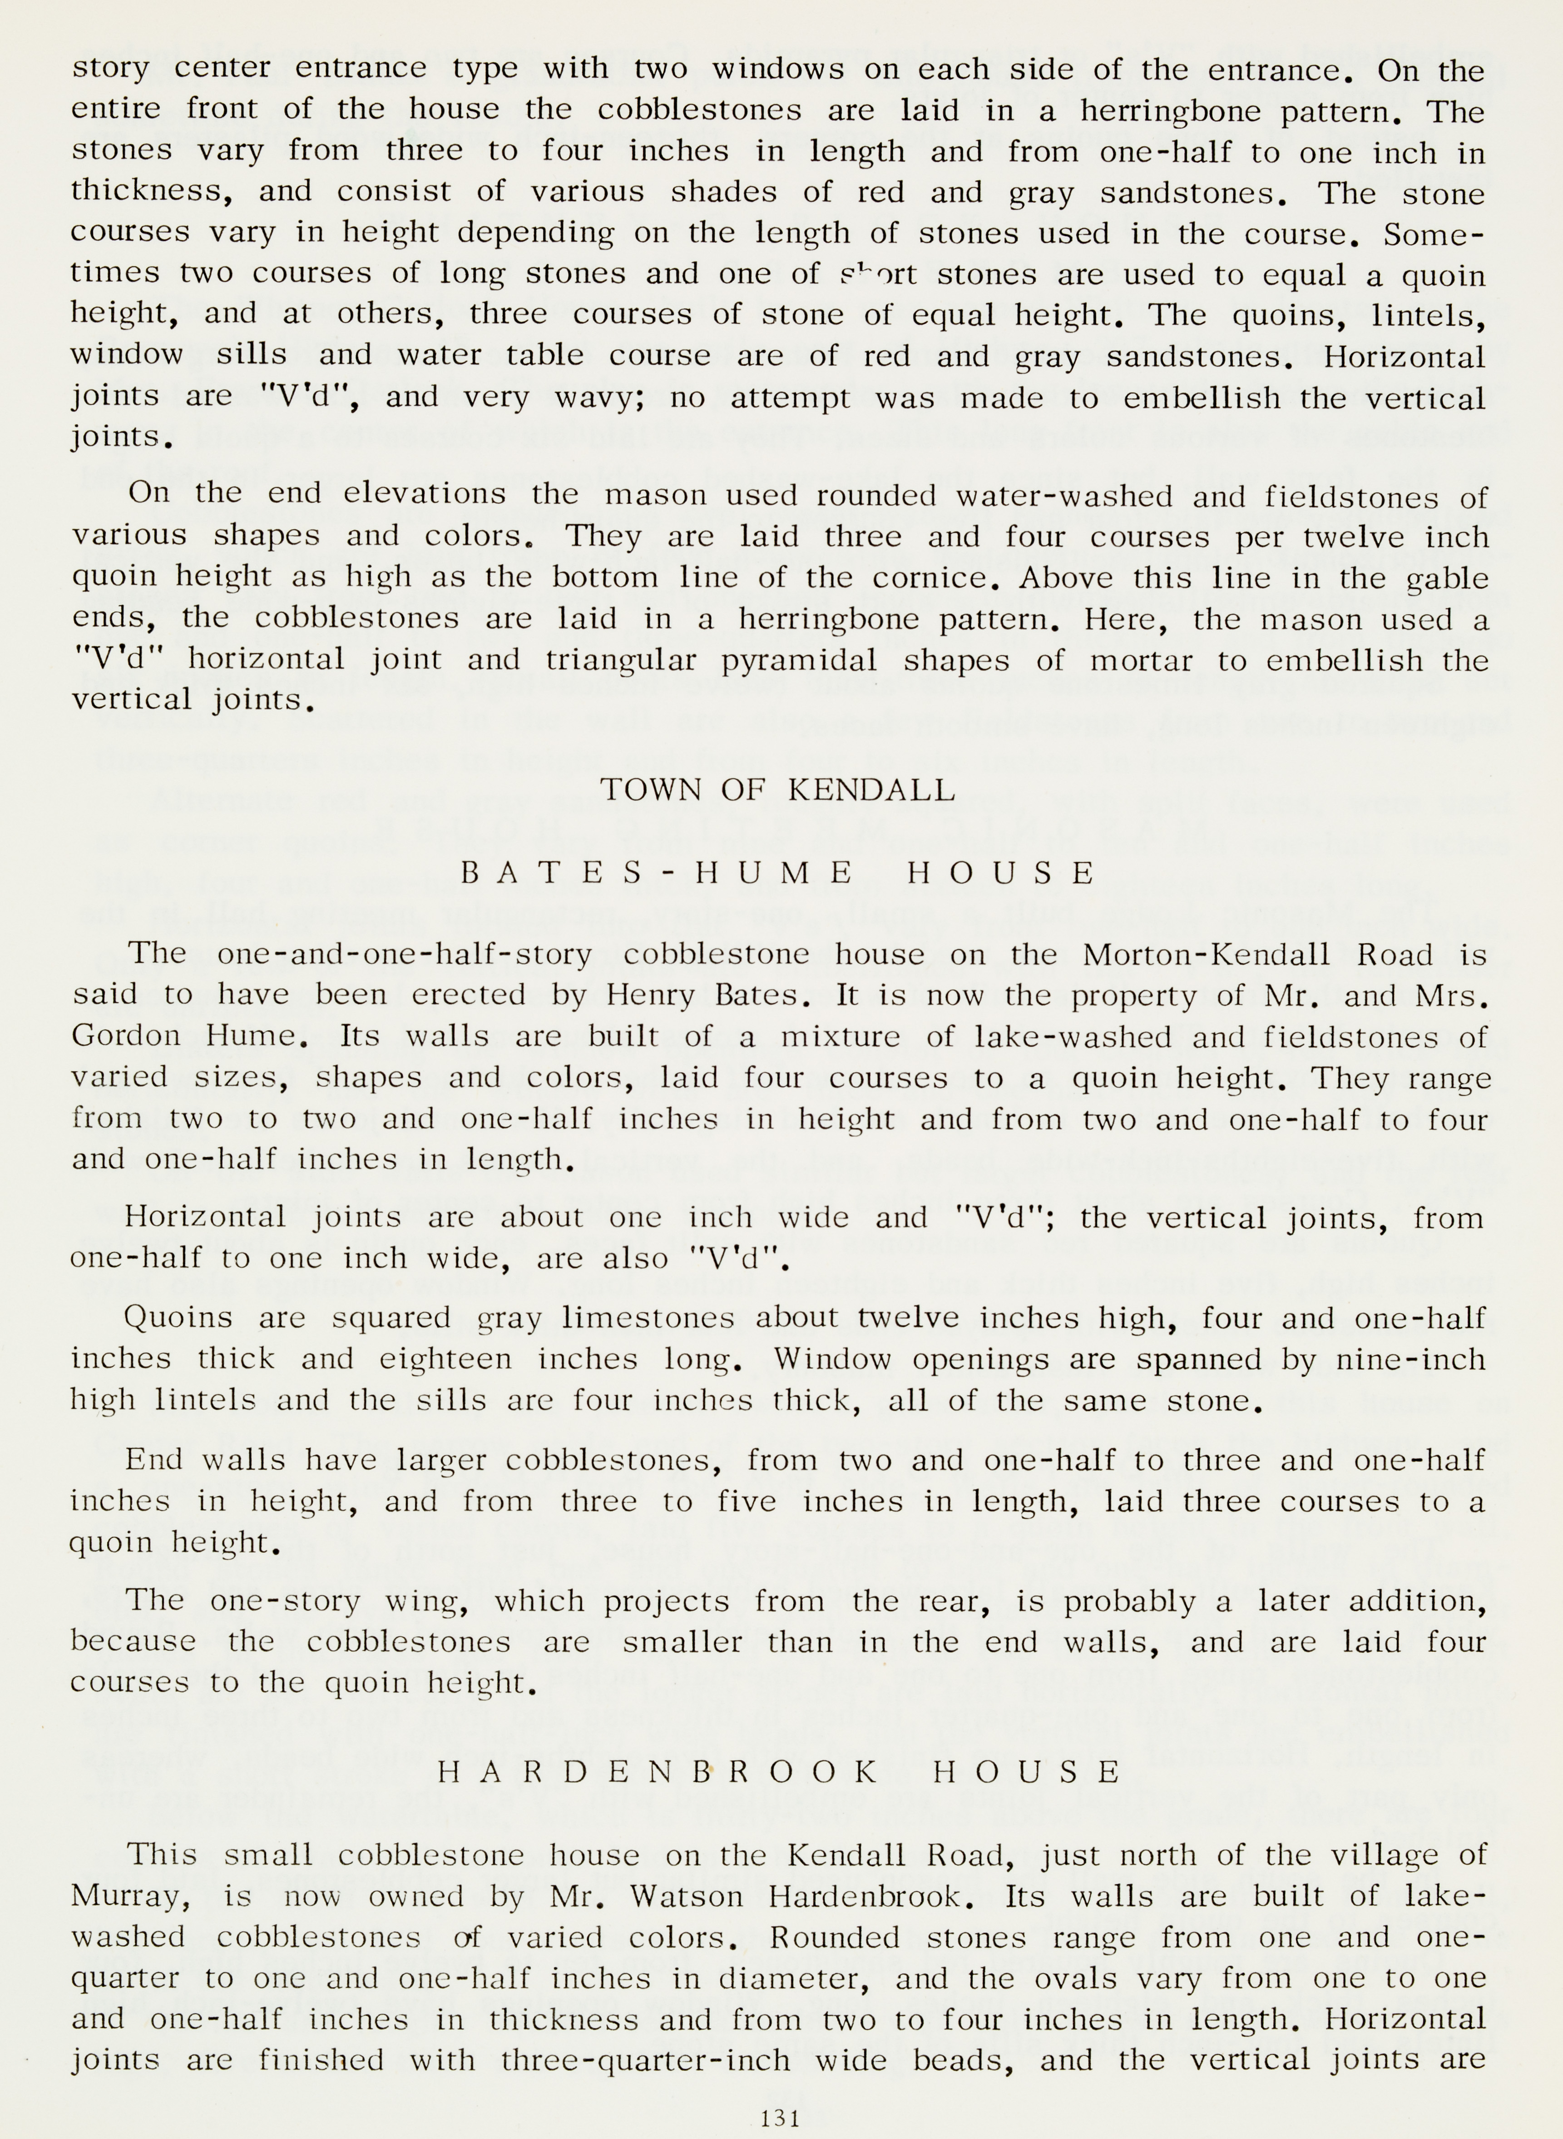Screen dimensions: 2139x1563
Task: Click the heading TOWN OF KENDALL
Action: (778, 789)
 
